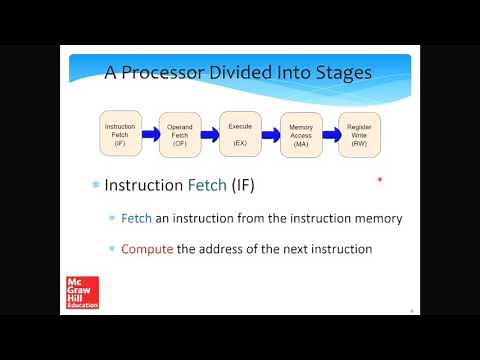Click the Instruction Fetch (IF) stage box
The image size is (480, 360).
coord(120,132)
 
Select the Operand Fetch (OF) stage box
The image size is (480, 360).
coord(180,132)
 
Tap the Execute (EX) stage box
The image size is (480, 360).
coord(240,132)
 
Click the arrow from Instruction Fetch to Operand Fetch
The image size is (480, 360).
coord(150,133)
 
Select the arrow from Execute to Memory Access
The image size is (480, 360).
coord(270,132)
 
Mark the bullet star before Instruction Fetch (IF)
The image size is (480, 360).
coord(96,186)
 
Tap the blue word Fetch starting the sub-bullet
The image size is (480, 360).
coord(136,218)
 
